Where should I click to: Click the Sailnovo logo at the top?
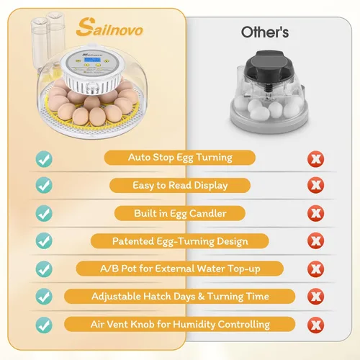[x=109, y=28]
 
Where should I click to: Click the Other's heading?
[x=265, y=32]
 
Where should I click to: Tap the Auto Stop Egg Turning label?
[x=180, y=158]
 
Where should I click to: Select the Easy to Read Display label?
[x=180, y=185]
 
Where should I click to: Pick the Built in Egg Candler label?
[x=180, y=213]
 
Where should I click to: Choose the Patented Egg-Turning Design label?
[x=180, y=241]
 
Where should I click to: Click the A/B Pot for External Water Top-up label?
[x=180, y=269]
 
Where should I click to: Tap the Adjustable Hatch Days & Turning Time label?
[x=180, y=297]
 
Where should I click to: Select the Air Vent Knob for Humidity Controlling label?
[x=180, y=324]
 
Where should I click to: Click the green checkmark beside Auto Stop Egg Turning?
[x=44, y=159]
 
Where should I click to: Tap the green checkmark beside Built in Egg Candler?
[x=44, y=213]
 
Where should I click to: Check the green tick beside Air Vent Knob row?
[x=44, y=325]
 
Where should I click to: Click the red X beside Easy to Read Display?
[x=316, y=185]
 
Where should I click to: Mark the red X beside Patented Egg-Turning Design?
[x=316, y=240]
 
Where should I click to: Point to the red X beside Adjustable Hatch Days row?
[x=316, y=297]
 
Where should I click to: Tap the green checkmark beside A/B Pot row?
[x=44, y=269]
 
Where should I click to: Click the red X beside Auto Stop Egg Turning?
[x=316, y=159]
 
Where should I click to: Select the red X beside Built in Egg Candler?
[x=316, y=213]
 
